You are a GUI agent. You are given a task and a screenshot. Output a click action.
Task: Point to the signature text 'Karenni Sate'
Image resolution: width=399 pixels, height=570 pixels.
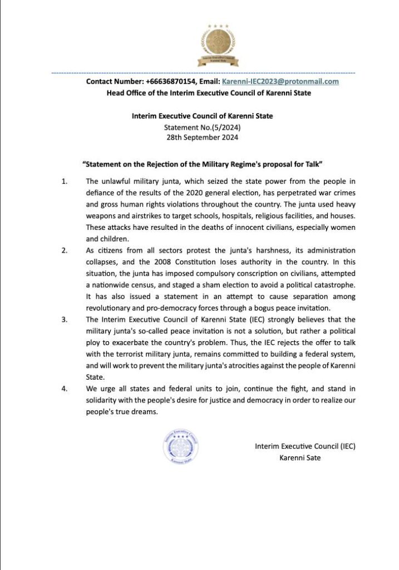coord(299,458)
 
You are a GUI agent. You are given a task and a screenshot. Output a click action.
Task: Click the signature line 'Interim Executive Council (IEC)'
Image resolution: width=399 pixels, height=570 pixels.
coord(305,446)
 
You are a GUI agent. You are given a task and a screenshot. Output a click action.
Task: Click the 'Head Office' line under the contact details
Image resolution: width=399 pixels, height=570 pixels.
coord(209,93)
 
